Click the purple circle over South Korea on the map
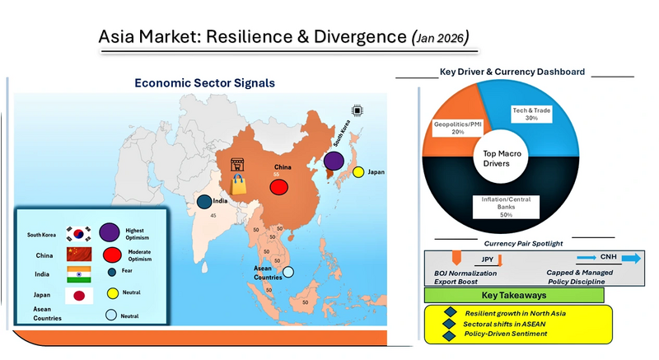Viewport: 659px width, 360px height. click(334, 162)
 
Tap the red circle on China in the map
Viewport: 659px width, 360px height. click(278, 185)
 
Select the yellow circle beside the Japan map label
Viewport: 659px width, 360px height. click(358, 173)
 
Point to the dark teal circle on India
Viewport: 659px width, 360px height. click(204, 201)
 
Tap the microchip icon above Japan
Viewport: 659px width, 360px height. click(357, 110)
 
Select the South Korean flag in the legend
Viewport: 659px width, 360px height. click(80, 233)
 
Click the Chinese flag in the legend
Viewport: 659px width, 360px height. click(79, 254)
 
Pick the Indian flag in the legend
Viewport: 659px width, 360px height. click(79, 274)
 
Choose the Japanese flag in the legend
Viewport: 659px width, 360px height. click(79, 295)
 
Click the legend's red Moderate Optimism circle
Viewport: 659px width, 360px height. click(113, 253)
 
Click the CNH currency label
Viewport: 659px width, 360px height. click(608, 258)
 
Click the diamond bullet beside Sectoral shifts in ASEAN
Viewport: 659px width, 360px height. click(450, 324)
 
